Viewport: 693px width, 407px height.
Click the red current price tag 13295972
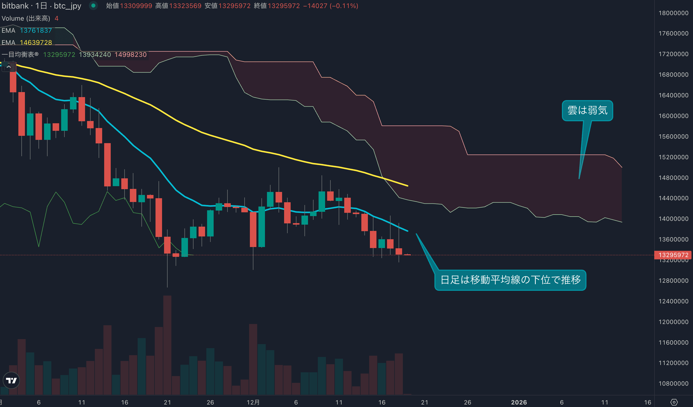[673, 255]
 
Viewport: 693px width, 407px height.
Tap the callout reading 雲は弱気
[587, 110]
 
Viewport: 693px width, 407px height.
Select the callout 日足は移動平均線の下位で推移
[510, 280]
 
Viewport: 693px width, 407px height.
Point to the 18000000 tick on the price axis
[673, 13]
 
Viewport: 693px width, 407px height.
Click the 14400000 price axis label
[673, 198]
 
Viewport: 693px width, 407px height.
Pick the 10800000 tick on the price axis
[673, 383]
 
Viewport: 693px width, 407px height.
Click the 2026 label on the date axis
[519, 402]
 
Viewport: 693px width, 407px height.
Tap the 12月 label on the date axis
[253, 402]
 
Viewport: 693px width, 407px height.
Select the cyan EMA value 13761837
[36, 30]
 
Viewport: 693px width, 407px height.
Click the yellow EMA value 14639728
[36, 43]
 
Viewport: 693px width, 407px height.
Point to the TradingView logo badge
[11, 380]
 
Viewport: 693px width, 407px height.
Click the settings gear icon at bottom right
[674, 402]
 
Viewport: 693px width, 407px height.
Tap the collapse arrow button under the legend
[9, 67]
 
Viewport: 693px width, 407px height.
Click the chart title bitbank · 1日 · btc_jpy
[41, 6]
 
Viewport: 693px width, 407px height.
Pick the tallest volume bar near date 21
[167, 345]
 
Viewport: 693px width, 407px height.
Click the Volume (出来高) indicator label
[26, 18]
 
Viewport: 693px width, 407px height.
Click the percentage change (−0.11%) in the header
[344, 6]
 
